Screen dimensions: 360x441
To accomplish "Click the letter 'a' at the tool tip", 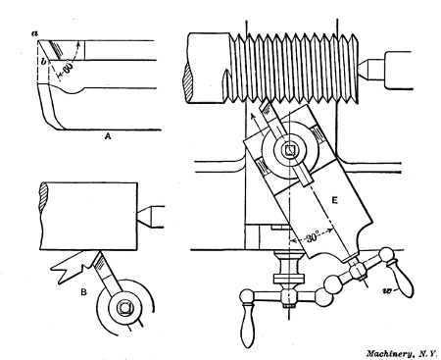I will tap(33, 32).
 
